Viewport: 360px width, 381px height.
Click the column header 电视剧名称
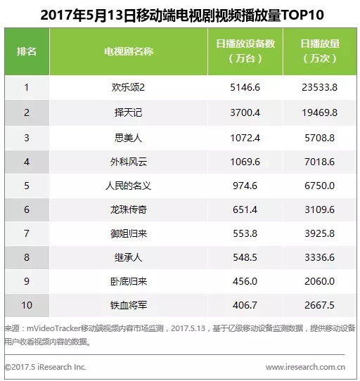click(x=129, y=51)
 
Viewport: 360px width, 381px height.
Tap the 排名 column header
click(x=27, y=51)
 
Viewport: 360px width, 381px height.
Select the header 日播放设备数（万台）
click(x=245, y=51)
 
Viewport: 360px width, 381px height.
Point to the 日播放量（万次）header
click(x=320, y=51)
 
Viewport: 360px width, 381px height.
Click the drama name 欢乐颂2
click(x=128, y=87)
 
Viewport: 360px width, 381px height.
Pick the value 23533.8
click(x=320, y=87)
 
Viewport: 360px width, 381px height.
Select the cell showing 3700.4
click(x=245, y=112)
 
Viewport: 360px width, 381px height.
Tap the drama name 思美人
click(x=128, y=138)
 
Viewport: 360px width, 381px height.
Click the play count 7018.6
click(x=320, y=162)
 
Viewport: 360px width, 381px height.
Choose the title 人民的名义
click(x=128, y=186)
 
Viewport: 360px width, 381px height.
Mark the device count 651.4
click(x=245, y=209)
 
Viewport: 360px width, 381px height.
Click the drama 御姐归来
click(x=129, y=233)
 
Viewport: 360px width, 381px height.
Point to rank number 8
click(x=27, y=257)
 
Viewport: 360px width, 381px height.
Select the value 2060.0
click(x=320, y=281)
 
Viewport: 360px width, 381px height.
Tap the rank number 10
click(x=27, y=305)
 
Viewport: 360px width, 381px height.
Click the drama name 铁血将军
click(x=129, y=305)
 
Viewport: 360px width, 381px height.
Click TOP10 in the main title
click(x=302, y=15)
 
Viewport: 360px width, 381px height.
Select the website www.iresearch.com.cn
click(x=305, y=367)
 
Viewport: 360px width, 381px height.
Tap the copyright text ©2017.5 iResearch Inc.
click(x=46, y=367)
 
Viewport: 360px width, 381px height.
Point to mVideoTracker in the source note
click(x=53, y=328)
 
